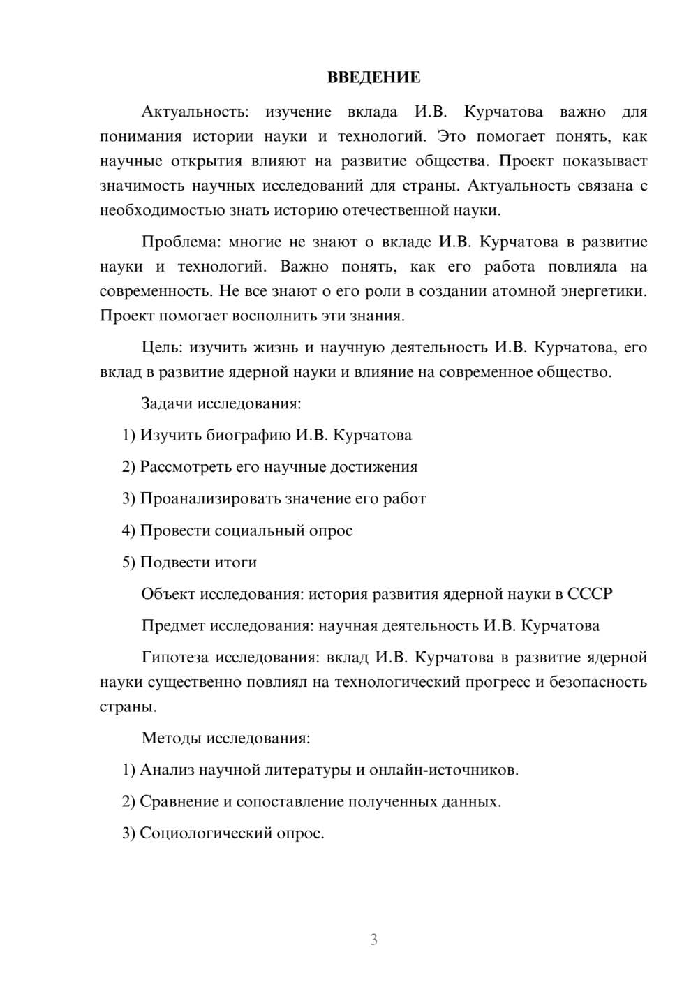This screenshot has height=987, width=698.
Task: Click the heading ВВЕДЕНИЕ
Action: (373, 77)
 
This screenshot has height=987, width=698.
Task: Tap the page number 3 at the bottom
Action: (373, 940)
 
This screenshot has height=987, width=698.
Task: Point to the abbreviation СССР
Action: (590, 594)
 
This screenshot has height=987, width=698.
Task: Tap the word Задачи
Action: (168, 403)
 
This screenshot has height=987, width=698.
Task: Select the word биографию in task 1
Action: (248, 436)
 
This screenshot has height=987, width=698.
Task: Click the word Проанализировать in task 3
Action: (205, 499)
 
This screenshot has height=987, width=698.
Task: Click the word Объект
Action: (168, 594)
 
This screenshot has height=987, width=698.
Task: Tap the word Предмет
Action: (173, 625)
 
